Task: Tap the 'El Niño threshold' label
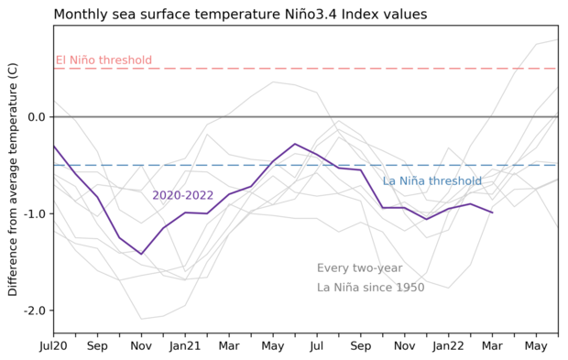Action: (x=104, y=60)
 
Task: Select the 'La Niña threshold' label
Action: (x=431, y=180)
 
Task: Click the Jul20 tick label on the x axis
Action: (x=53, y=347)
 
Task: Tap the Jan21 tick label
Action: (x=185, y=347)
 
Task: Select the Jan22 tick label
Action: (x=448, y=347)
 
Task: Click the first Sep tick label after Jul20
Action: (x=97, y=347)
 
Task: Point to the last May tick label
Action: (x=536, y=347)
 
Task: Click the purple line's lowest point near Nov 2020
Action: (x=141, y=254)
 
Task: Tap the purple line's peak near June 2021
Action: (x=295, y=144)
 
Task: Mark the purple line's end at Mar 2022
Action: (x=493, y=213)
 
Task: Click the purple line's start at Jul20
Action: (x=53, y=145)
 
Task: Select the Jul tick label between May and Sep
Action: (x=317, y=347)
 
